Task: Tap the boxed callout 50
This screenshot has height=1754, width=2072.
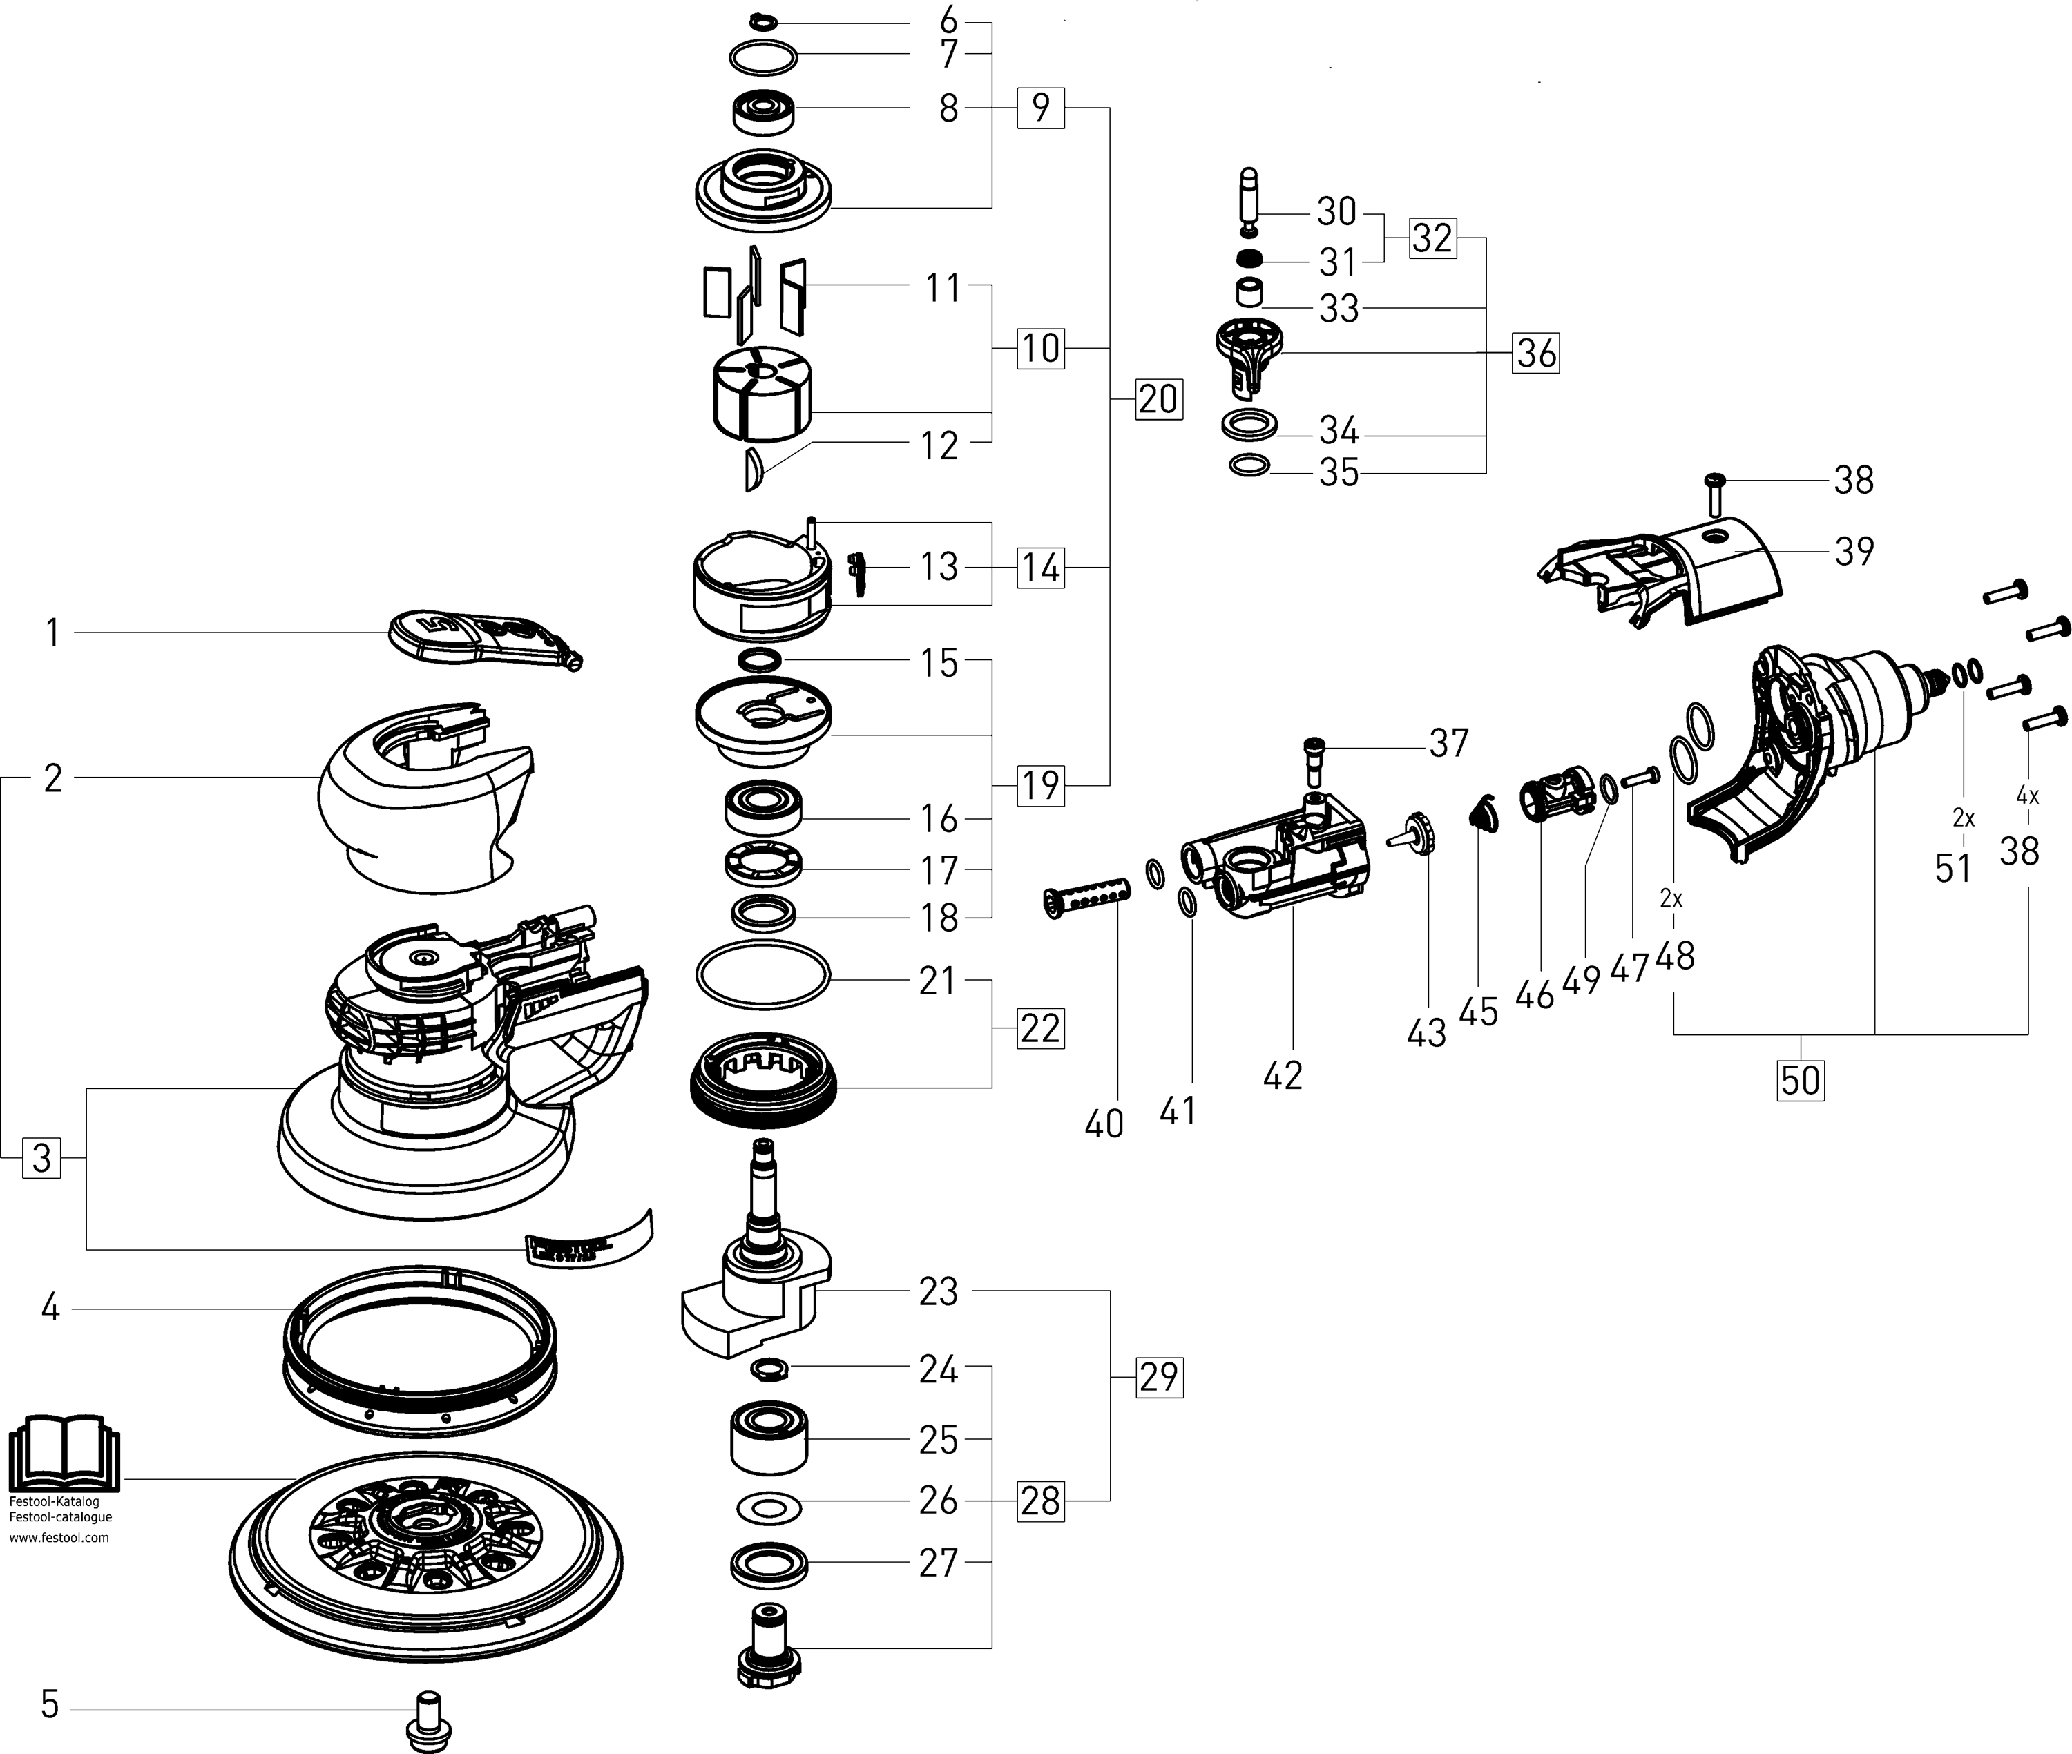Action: tap(1801, 1080)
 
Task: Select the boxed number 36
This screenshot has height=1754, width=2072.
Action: tap(1536, 353)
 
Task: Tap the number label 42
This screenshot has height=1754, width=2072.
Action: tap(1283, 1075)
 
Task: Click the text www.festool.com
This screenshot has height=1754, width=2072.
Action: tap(59, 1537)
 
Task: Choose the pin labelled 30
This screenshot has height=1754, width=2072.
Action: tap(1250, 192)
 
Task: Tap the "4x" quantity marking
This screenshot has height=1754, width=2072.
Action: tap(2027, 796)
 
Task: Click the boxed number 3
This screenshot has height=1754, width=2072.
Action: tap(41, 1158)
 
